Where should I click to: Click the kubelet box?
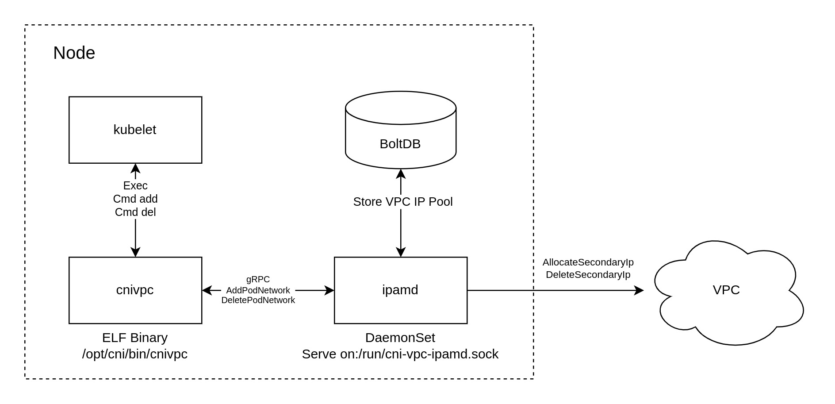[x=135, y=130]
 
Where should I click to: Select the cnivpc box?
[x=135, y=290]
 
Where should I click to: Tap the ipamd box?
[x=400, y=290]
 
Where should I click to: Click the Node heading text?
[x=74, y=53]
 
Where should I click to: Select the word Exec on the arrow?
[x=135, y=185]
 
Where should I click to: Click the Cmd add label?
[x=135, y=199]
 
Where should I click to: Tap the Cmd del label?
[x=135, y=212]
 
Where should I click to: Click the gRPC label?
[x=258, y=279]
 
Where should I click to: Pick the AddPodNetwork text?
[x=258, y=290]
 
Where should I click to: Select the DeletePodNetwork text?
[x=258, y=300]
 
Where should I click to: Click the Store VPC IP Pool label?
[x=402, y=202]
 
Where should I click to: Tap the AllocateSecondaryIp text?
[x=588, y=262]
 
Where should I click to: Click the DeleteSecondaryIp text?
[x=588, y=274]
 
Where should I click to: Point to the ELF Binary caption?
[x=135, y=338]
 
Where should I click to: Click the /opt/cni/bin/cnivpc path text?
[x=135, y=354]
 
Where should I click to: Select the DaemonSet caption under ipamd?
[x=400, y=338]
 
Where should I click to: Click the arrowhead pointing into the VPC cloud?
[x=639, y=290]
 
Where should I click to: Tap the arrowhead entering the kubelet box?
[x=135, y=168]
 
